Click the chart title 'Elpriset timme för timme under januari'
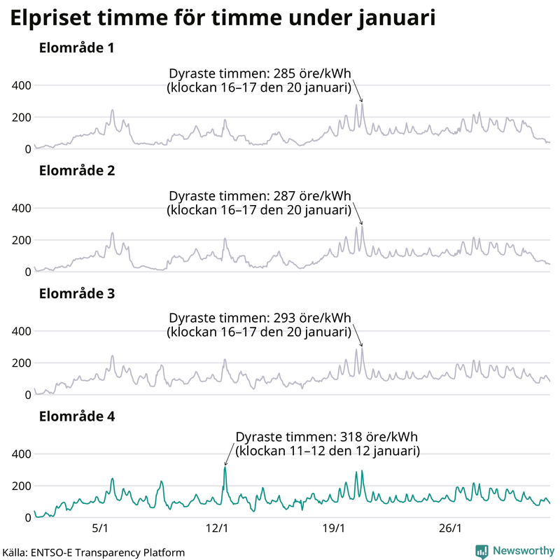(223, 19)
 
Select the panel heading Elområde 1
(77, 49)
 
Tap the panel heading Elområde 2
(77, 171)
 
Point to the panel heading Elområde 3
(77, 294)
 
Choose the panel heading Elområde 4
(77, 416)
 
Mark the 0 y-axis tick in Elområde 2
(27, 272)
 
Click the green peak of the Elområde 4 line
(225, 468)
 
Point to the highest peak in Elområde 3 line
(362, 349)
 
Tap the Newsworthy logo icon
(482, 551)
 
